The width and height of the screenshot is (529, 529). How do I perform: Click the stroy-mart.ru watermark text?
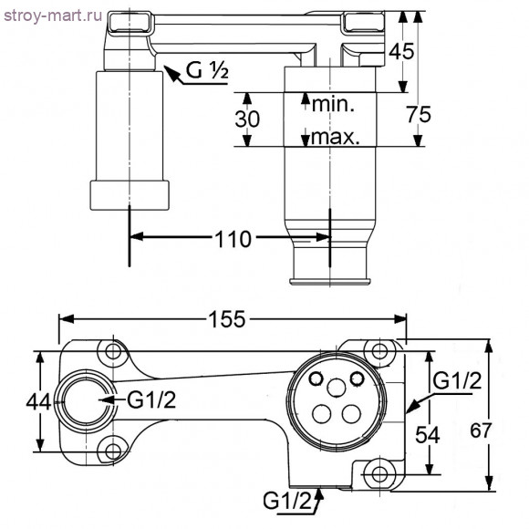click(x=53, y=16)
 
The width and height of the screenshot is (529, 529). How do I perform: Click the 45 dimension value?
click(x=401, y=51)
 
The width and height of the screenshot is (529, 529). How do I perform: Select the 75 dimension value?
click(x=419, y=114)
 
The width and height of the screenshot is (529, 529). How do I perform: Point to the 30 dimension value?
click(x=247, y=119)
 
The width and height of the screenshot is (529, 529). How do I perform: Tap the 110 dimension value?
click(x=233, y=239)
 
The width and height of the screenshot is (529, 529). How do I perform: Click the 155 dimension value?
click(x=227, y=319)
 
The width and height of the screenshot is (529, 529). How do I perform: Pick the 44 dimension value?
click(x=38, y=402)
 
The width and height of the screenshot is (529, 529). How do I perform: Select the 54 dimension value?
click(x=428, y=434)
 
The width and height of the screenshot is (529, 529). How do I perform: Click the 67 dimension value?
click(x=482, y=430)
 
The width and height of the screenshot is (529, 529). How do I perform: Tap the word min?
click(x=333, y=104)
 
